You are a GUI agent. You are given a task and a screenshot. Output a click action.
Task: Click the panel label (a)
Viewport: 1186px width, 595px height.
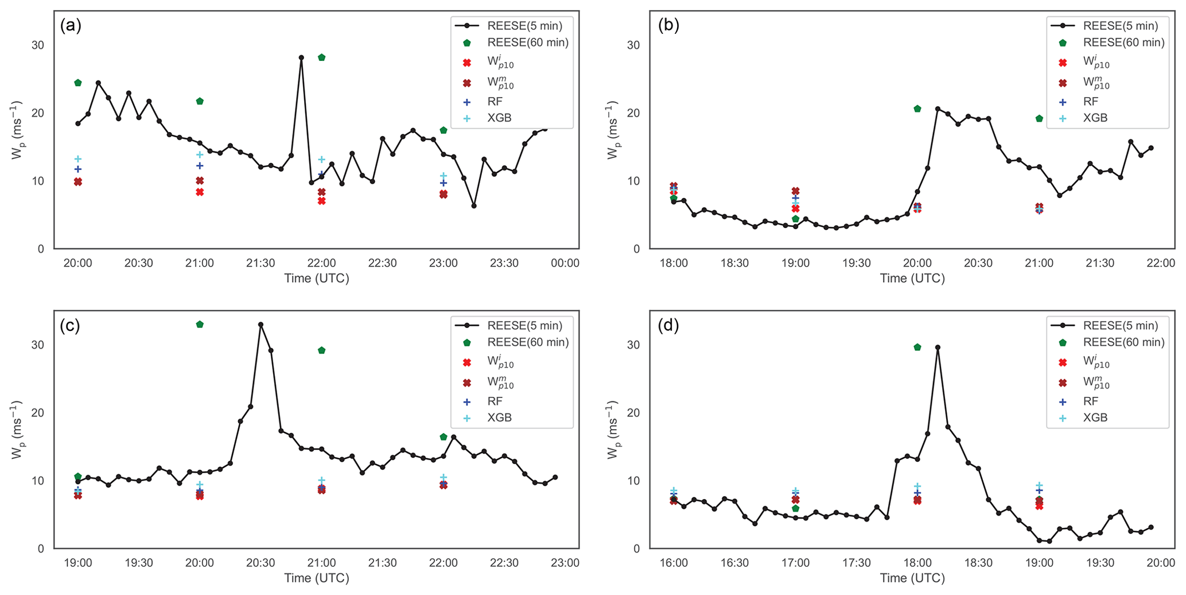71,26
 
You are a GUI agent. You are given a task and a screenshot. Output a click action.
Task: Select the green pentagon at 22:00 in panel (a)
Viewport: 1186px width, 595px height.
322,57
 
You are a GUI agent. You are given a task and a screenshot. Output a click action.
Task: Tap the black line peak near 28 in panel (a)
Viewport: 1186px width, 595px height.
301,57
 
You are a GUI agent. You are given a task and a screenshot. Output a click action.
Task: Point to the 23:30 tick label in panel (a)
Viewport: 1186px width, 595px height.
504,263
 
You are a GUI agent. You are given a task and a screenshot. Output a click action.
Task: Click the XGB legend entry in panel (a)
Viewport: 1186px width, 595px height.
499,118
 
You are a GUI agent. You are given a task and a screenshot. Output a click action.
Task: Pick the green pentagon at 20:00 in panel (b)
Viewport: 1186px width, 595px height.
917,109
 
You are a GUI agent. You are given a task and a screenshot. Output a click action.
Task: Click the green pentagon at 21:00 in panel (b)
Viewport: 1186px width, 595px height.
1039,118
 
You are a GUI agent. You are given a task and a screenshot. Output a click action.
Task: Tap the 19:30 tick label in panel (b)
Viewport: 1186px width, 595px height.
857,263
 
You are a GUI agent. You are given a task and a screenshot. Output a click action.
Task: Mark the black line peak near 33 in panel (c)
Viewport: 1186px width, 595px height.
260,324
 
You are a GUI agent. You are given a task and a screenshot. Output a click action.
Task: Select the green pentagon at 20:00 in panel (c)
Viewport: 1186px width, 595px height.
200,324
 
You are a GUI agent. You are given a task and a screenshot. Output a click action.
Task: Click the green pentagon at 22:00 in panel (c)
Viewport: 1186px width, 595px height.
444,437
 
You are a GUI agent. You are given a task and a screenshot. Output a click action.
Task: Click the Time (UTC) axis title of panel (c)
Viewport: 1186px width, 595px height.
316,578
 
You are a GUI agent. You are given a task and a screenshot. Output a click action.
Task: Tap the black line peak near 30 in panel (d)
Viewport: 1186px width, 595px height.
938,347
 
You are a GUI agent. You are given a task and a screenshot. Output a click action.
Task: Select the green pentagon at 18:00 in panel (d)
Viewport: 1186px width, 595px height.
917,347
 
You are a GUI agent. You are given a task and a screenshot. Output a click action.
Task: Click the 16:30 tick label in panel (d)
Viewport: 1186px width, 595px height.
734,563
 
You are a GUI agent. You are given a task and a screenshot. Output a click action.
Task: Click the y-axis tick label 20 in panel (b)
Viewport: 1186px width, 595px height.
635,113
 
